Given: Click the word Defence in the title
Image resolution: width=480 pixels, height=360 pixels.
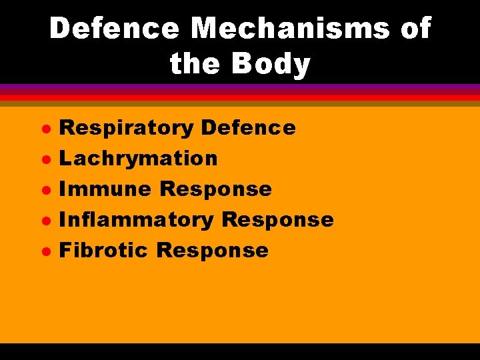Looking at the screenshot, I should (x=115, y=29).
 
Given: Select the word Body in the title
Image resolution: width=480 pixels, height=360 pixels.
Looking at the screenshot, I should (x=273, y=65).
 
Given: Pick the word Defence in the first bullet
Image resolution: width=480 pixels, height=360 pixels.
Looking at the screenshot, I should (x=247, y=128).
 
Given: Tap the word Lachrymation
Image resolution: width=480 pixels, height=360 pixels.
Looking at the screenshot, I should (x=138, y=159).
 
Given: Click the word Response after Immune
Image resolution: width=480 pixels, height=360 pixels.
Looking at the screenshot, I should (x=216, y=189).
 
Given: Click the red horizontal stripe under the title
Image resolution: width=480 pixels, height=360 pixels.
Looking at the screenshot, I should (x=240, y=97).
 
